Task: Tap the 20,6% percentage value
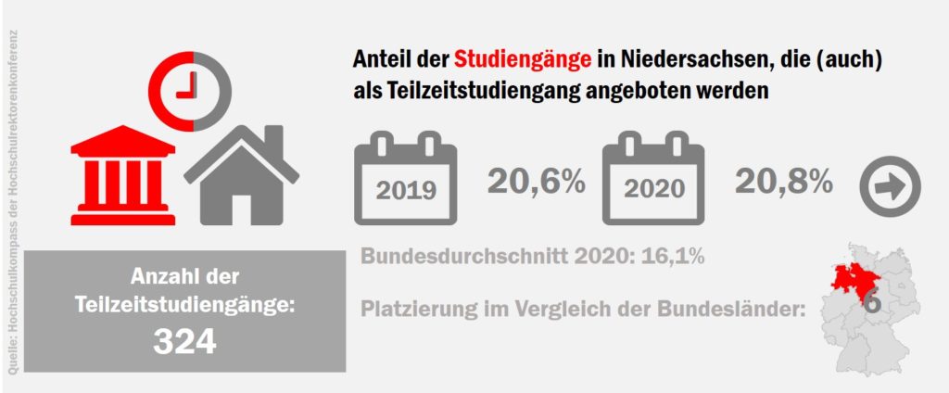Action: coord(537,181)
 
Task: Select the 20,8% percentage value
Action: coord(783,181)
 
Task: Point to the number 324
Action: coord(184,341)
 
